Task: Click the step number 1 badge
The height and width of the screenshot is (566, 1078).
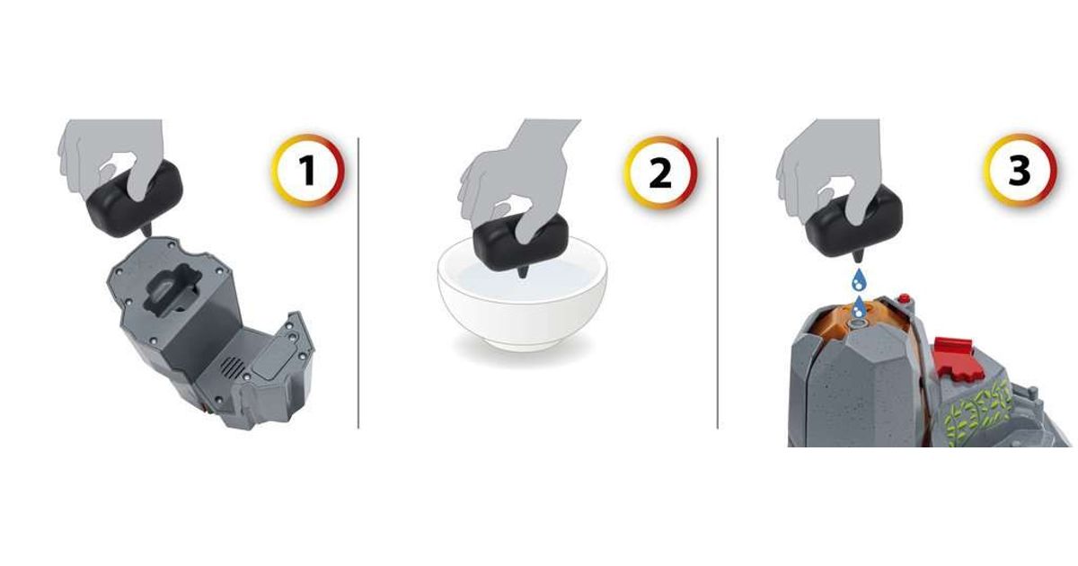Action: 308,170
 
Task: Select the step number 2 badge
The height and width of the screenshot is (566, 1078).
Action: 660,172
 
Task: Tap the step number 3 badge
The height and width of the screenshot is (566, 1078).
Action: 1020,171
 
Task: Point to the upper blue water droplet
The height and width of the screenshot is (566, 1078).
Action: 858,280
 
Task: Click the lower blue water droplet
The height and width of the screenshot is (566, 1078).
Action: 857,307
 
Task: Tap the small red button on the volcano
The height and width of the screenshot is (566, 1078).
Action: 904,299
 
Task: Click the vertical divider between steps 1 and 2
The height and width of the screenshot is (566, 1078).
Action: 358,283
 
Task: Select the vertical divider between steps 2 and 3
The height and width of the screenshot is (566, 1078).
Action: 718,283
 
